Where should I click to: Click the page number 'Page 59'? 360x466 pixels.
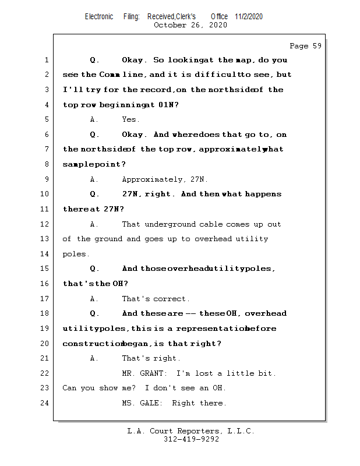coord(305,46)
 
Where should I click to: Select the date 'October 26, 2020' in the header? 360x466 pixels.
coord(190,25)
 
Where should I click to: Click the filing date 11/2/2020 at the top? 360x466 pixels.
coord(249,16)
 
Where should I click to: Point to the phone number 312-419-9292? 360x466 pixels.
coord(191,440)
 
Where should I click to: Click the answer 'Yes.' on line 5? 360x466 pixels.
coord(130,119)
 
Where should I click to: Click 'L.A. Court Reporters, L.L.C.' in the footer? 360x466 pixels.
coord(191,432)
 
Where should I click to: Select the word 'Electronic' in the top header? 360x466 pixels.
coord(99,16)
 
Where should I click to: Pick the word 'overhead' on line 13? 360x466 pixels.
coord(213,239)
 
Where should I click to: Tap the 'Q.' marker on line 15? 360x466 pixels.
coord(95,269)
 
